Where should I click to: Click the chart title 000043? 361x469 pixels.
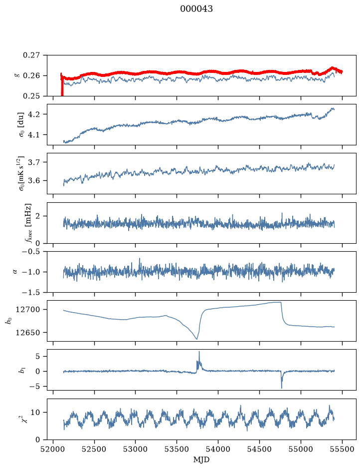196,9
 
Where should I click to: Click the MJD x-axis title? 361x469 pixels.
201,460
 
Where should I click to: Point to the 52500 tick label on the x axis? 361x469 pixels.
94,449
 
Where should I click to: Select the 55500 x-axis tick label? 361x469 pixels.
342,449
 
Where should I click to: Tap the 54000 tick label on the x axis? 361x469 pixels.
218,449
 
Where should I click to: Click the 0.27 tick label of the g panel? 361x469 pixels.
31,55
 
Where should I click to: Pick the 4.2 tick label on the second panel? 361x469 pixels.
34,114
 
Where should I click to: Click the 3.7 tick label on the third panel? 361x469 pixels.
34,162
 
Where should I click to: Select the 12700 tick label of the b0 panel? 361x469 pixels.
27,310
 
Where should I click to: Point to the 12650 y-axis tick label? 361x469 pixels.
27,333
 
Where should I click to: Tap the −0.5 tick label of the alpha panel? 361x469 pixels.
31,252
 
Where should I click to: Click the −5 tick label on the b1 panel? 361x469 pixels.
34,387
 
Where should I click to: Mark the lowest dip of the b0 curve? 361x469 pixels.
196,339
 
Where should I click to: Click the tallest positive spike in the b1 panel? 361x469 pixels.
199,352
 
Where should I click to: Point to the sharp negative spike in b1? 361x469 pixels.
282,388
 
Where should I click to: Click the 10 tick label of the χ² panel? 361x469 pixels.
35,413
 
